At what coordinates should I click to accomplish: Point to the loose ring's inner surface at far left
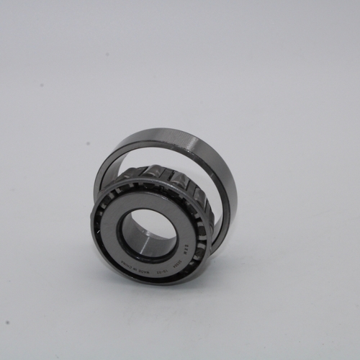[99, 176]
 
